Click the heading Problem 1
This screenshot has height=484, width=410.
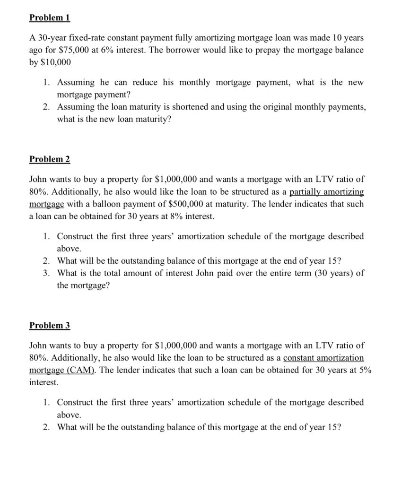[50, 18]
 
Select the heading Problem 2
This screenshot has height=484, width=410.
[50, 159]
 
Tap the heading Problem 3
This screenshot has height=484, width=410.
[50, 325]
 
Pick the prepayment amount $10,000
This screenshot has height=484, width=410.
[56, 62]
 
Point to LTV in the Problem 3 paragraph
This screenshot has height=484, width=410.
[325, 346]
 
